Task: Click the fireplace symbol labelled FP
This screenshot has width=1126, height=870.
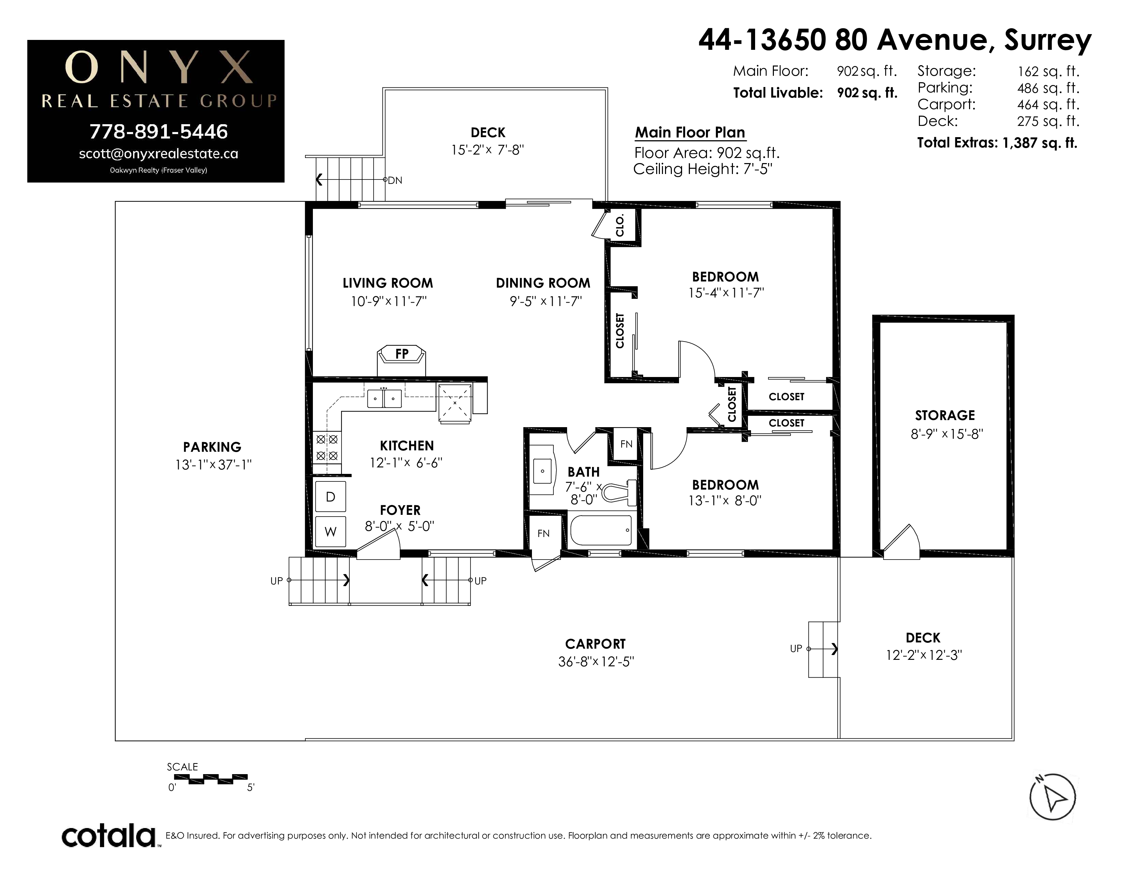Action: [402, 360]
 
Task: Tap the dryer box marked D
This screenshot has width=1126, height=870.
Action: [331, 496]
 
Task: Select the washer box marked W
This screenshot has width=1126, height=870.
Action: [331, 531]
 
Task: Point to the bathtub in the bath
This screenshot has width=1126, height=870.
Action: [601, 530]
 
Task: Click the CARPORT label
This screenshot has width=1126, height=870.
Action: [595, 644]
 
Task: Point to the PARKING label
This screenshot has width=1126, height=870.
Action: [212, 447]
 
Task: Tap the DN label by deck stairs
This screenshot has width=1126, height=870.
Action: [395, 180]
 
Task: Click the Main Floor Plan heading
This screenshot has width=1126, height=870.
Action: [690, 132]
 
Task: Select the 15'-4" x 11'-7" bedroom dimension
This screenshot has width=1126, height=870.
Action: [726, 293]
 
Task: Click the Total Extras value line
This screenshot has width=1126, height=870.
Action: [997, 143]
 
